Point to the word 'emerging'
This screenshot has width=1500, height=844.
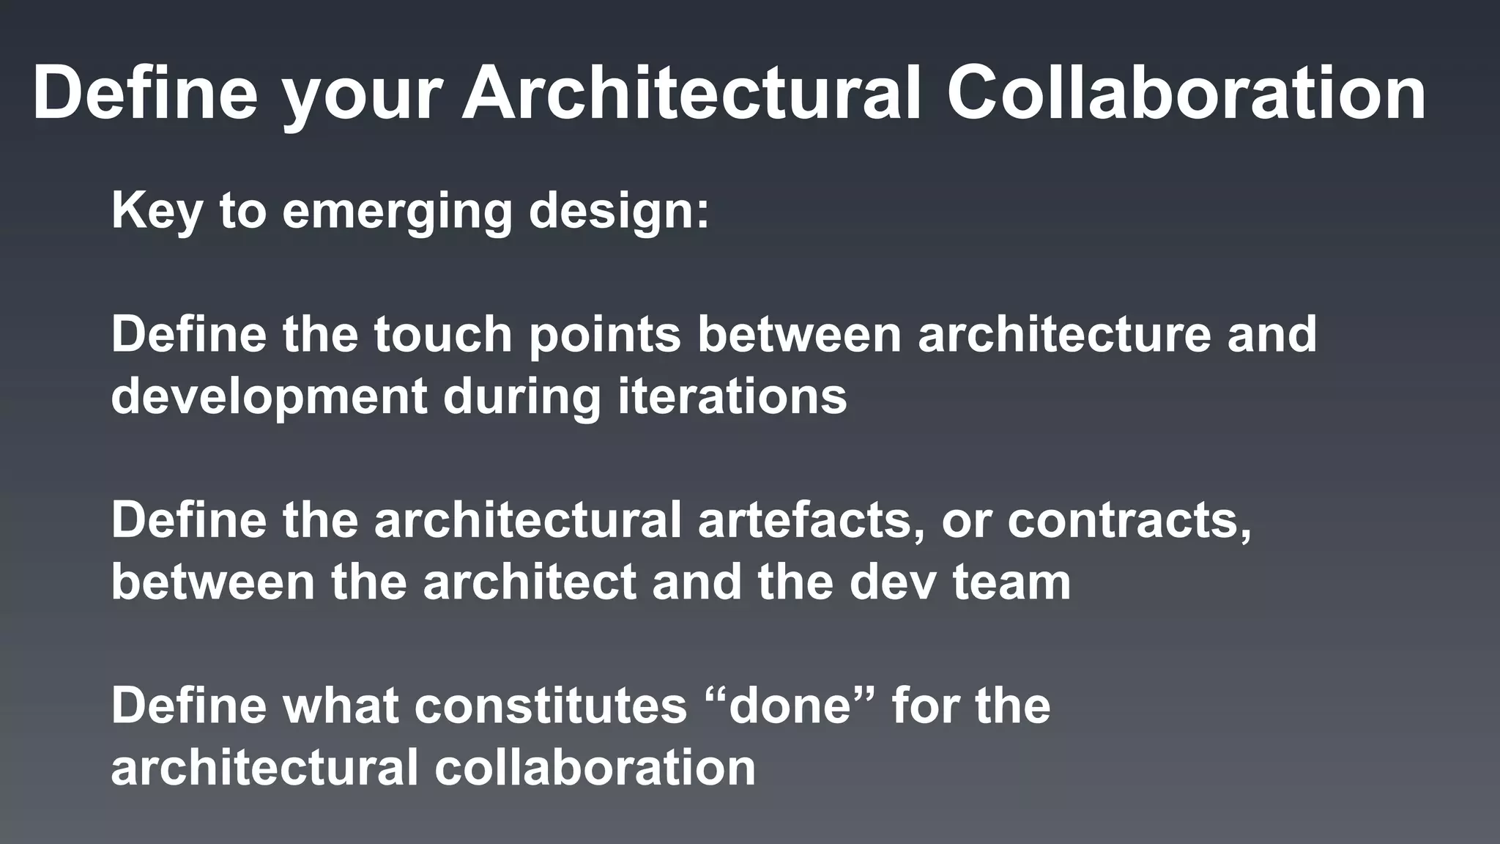(397, 212)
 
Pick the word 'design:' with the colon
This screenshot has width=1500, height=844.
(619, 212)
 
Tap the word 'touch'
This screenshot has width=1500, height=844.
(442, 334)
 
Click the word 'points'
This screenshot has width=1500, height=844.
(605, 336)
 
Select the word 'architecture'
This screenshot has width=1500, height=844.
(1064, 334)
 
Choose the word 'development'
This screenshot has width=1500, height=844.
(269, 398)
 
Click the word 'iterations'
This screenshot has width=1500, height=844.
(732, 396)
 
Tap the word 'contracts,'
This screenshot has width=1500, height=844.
(1129, 520)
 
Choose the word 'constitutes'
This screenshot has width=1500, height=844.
(551, 706)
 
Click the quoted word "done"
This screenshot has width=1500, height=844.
(794, 706)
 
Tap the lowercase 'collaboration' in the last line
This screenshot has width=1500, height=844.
(595, 768)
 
